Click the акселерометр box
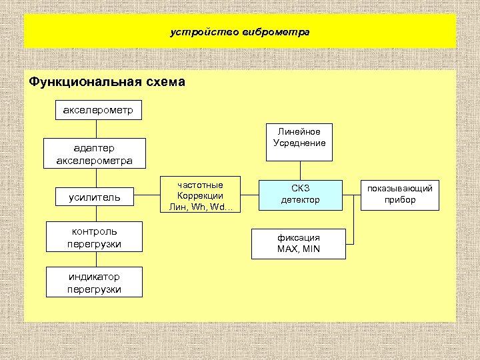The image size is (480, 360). tap(98, 109)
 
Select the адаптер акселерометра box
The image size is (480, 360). tap(94, 153)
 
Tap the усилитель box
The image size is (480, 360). tap(94, 197)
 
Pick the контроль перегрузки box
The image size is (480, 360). tap(94, 238)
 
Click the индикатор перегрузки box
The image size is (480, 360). tap(94, 281)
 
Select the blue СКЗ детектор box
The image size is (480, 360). tap(300, 194)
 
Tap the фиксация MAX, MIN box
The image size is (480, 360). tap(299, 243)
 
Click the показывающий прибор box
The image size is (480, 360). tap(400, 194)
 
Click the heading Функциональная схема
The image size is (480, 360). tap(107, 83)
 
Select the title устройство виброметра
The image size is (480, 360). tap(240, 31)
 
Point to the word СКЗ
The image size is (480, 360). tap(300, 189)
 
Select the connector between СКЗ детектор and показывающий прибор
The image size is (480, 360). tap(351, 195)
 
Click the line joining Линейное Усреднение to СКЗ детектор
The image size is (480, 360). tap(299, 170)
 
